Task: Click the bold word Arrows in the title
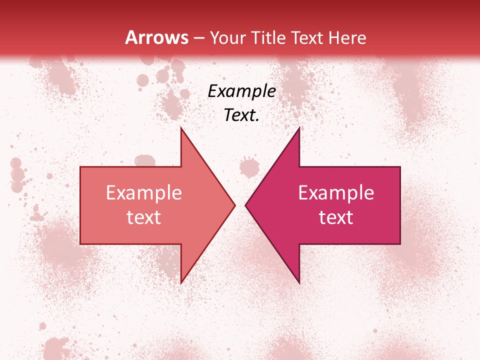click(156, 37)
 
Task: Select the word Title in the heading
click(268, 37)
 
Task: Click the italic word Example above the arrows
click(241, 91)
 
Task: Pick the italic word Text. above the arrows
click(241, 115)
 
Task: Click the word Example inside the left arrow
click(144, 192)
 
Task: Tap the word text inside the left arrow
click(144, 217)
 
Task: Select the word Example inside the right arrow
click(336, 192)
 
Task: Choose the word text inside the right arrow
click(336, 217)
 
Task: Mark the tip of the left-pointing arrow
click(246, 205)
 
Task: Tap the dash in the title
click(199, 38)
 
